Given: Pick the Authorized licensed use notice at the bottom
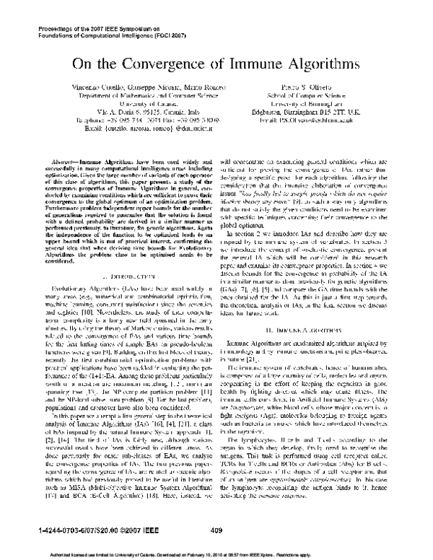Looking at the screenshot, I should (x=216, y=555).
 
